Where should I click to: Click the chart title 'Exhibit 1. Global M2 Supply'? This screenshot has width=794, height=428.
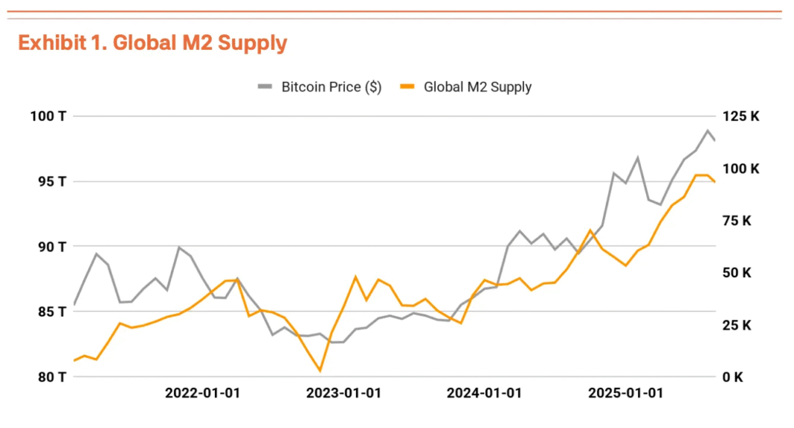click(152, 43)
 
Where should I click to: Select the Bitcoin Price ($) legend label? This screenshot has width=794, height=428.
click(331, 87)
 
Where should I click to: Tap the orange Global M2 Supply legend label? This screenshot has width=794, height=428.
click(477, 87)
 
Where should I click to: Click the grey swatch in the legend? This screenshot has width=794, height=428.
click(265, 87)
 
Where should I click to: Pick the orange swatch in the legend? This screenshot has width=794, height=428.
click(408, 87)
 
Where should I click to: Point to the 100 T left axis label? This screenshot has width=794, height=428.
click(48, 116)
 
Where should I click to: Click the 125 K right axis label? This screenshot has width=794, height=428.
click(740, 116)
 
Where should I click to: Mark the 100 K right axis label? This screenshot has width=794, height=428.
click(740, 169)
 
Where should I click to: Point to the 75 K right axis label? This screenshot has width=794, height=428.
click(737, 221)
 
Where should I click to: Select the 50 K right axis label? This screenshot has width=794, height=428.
click(737, 273)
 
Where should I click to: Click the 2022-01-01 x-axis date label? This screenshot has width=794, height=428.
click(202, 393)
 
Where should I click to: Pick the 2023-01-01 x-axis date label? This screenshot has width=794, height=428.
click(343, 393)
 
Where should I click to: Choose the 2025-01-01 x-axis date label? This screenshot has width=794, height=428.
click(624, 393)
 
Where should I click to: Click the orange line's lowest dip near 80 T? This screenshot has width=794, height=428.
click(320, 370)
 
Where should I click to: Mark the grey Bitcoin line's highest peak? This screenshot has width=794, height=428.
click(707, 131)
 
